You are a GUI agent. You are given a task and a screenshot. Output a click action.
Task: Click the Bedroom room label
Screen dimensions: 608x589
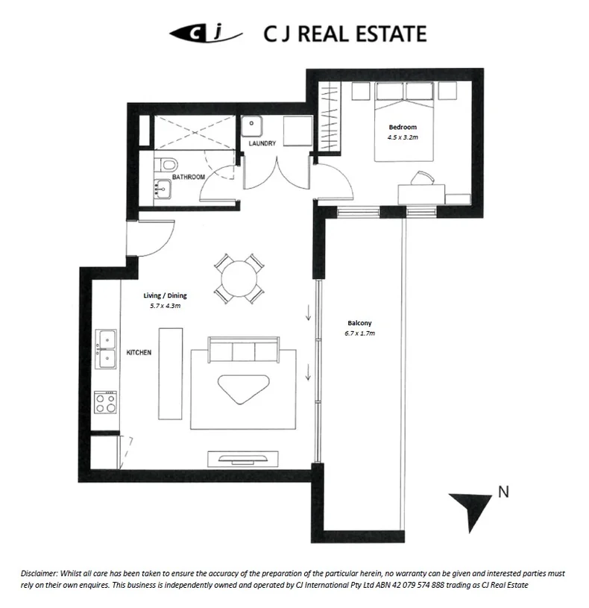tap(403, 128)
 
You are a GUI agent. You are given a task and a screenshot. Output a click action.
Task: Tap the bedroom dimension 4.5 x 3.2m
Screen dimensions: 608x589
tap(403, 138)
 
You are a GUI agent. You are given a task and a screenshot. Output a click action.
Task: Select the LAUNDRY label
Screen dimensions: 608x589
tap(262, 143)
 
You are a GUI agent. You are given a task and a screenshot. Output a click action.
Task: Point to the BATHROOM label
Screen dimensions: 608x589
tap(188, 177)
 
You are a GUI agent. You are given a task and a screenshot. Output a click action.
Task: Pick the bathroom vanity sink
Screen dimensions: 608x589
tap(162, 190)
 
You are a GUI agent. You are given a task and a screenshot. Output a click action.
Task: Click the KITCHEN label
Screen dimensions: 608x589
tap(139, 351)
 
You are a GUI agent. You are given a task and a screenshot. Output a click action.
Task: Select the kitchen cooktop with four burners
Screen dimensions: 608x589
tap(105, 403)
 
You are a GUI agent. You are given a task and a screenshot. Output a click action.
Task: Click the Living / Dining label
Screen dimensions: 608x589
tap(166, 296)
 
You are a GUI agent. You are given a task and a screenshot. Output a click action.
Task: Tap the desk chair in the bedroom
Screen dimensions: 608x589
tap(422, 178)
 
